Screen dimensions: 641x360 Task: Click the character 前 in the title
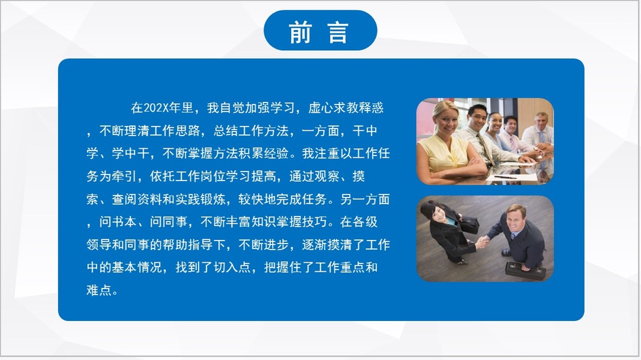point(301,32)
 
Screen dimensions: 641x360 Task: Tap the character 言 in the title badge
point(338,32)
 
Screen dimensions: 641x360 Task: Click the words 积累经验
point(263,153)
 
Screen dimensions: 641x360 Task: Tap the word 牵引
point(124,176)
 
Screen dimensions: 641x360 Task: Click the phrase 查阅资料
point(137,199)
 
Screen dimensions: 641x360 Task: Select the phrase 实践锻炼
point(200,199)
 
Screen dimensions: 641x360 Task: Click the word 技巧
point(314,222)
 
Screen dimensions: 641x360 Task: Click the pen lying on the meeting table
point(505,177)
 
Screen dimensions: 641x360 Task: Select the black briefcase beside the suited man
point(525,271)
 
